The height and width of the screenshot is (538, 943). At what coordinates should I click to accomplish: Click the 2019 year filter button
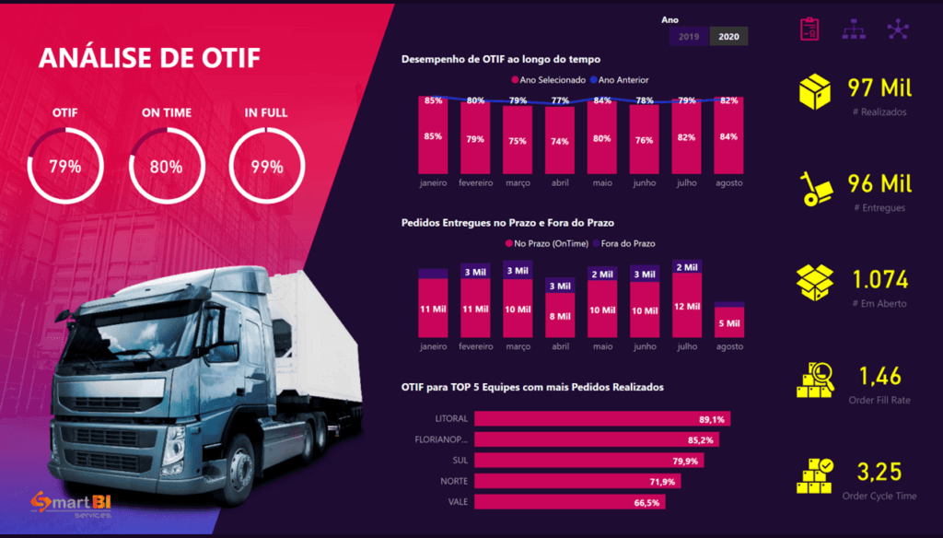point(689,37)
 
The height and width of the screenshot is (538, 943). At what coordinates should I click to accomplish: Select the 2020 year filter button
point(728,37)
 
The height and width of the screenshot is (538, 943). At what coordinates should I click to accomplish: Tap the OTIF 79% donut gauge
point(65,166)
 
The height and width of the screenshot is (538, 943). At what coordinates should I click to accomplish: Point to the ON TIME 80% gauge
point(167,166)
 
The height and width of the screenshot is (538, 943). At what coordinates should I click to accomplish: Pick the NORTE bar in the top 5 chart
point(552,482)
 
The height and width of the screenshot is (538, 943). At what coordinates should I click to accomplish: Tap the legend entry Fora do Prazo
point(630,243)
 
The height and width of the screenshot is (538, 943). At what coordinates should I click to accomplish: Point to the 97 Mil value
point(879,88)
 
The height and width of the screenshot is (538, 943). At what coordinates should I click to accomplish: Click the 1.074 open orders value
point(880,279)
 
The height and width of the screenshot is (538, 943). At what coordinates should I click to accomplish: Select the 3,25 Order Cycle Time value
point(879,473)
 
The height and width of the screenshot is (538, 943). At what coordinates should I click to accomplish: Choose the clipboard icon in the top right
point(809,29)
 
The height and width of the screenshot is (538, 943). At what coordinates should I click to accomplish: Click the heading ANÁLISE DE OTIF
point(149,59)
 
